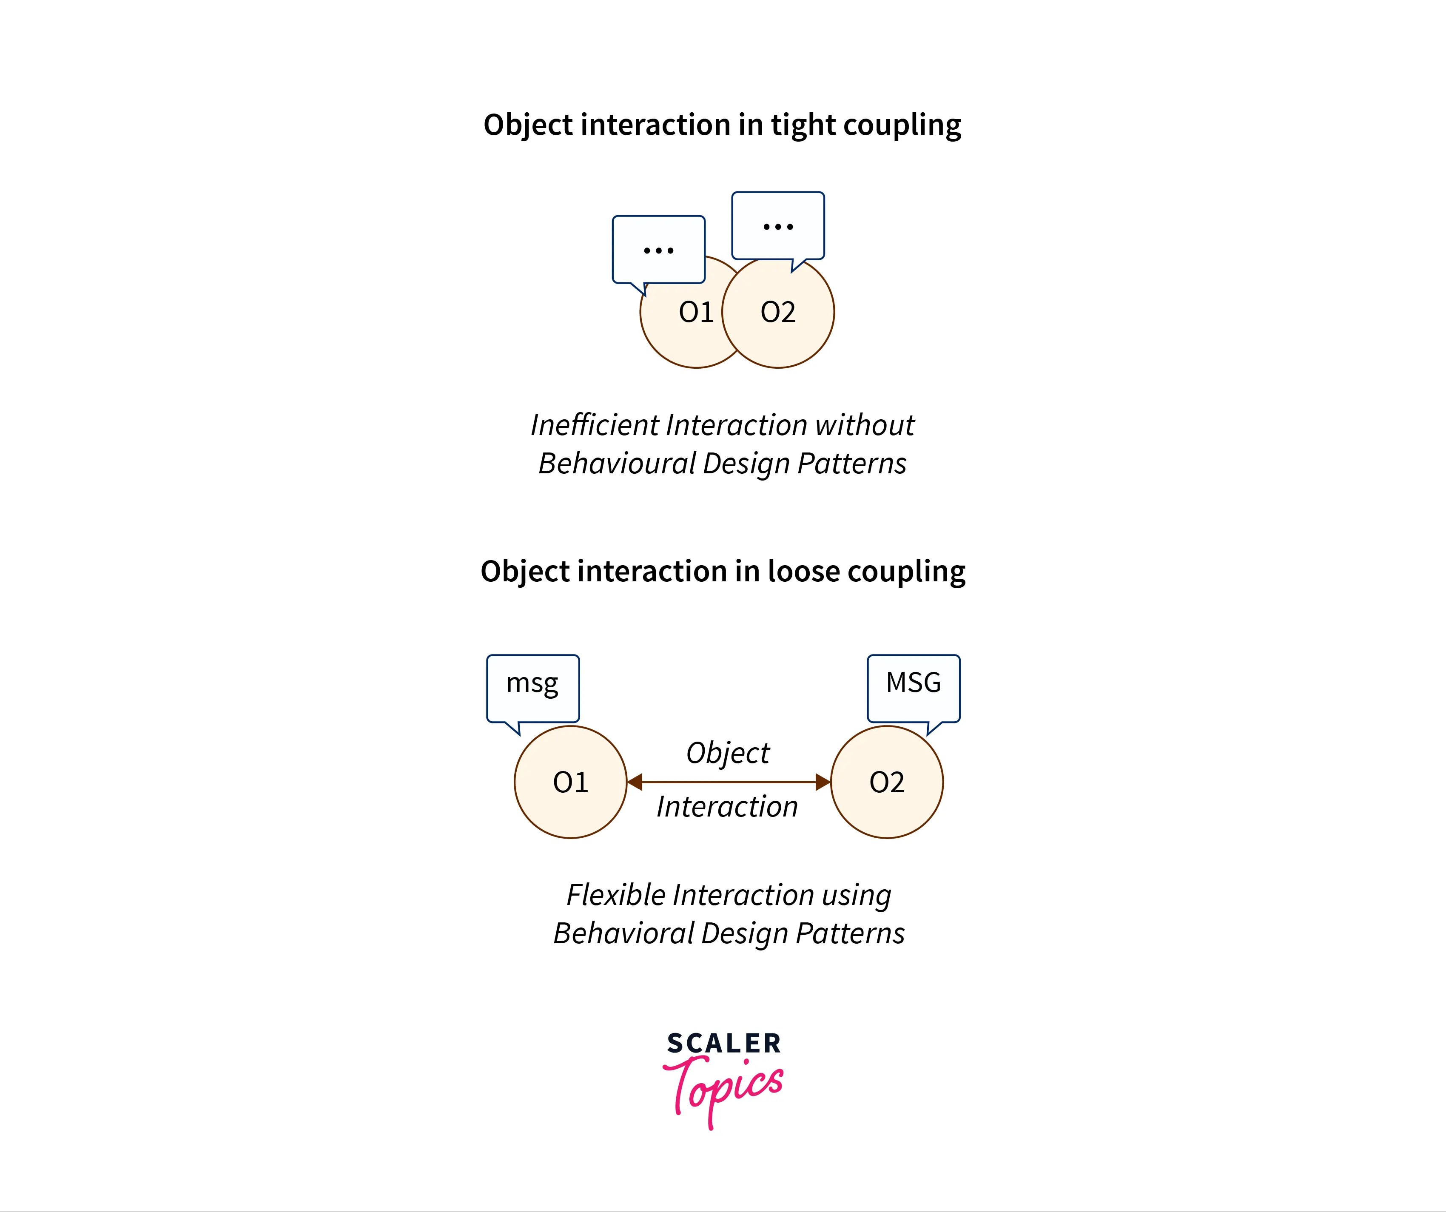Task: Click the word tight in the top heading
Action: (803, 125)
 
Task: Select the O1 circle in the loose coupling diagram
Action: (570, 782)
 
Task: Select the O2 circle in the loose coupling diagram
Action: (887, 782)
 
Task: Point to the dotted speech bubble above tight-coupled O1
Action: (658, 249)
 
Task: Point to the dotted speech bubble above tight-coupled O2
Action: (778, 226)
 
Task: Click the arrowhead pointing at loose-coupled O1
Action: (635, 782)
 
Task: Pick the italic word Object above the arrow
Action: (728, 753)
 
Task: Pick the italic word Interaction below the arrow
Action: (727, 806)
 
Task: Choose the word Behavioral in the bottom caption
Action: (624, 934)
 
